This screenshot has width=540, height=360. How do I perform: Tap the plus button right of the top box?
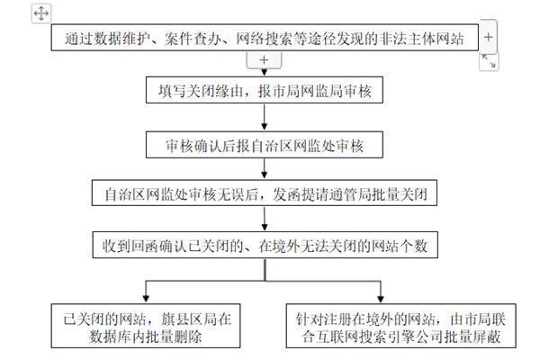(487, 38)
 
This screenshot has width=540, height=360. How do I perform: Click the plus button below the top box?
(263, 59)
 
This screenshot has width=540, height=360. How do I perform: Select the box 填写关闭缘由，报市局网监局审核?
(263, 91)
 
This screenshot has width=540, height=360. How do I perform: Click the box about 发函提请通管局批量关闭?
(263, 193)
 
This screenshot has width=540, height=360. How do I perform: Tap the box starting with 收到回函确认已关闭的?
(263, 244)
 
